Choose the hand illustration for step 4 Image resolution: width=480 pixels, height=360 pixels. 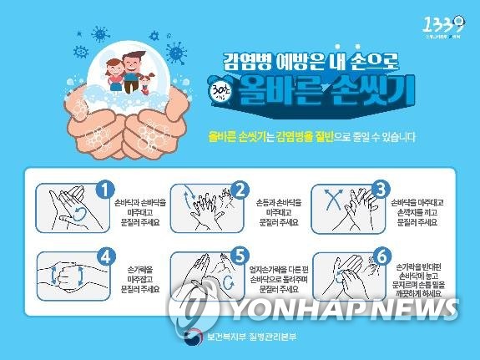pos(64,274)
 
